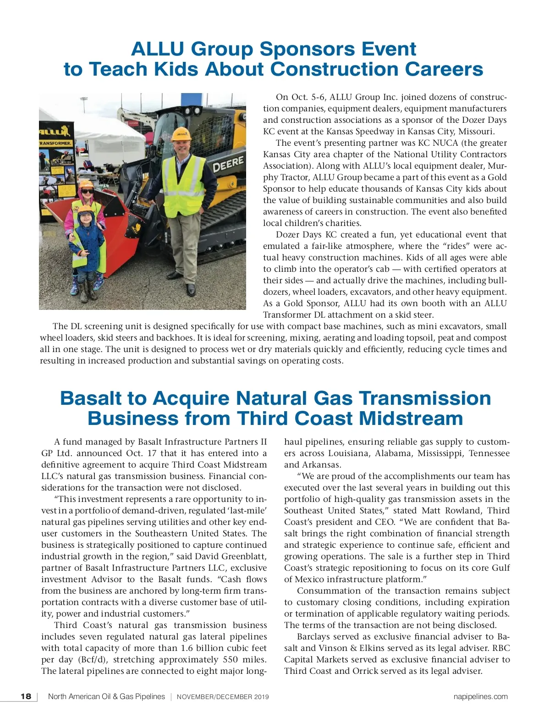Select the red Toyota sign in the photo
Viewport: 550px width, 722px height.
133,123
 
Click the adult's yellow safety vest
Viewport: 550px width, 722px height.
184,179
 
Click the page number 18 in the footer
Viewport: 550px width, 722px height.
26,696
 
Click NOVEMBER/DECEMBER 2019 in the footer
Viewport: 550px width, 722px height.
223,697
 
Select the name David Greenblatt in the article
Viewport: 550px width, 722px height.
231,556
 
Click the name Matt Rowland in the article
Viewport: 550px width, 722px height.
447,510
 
